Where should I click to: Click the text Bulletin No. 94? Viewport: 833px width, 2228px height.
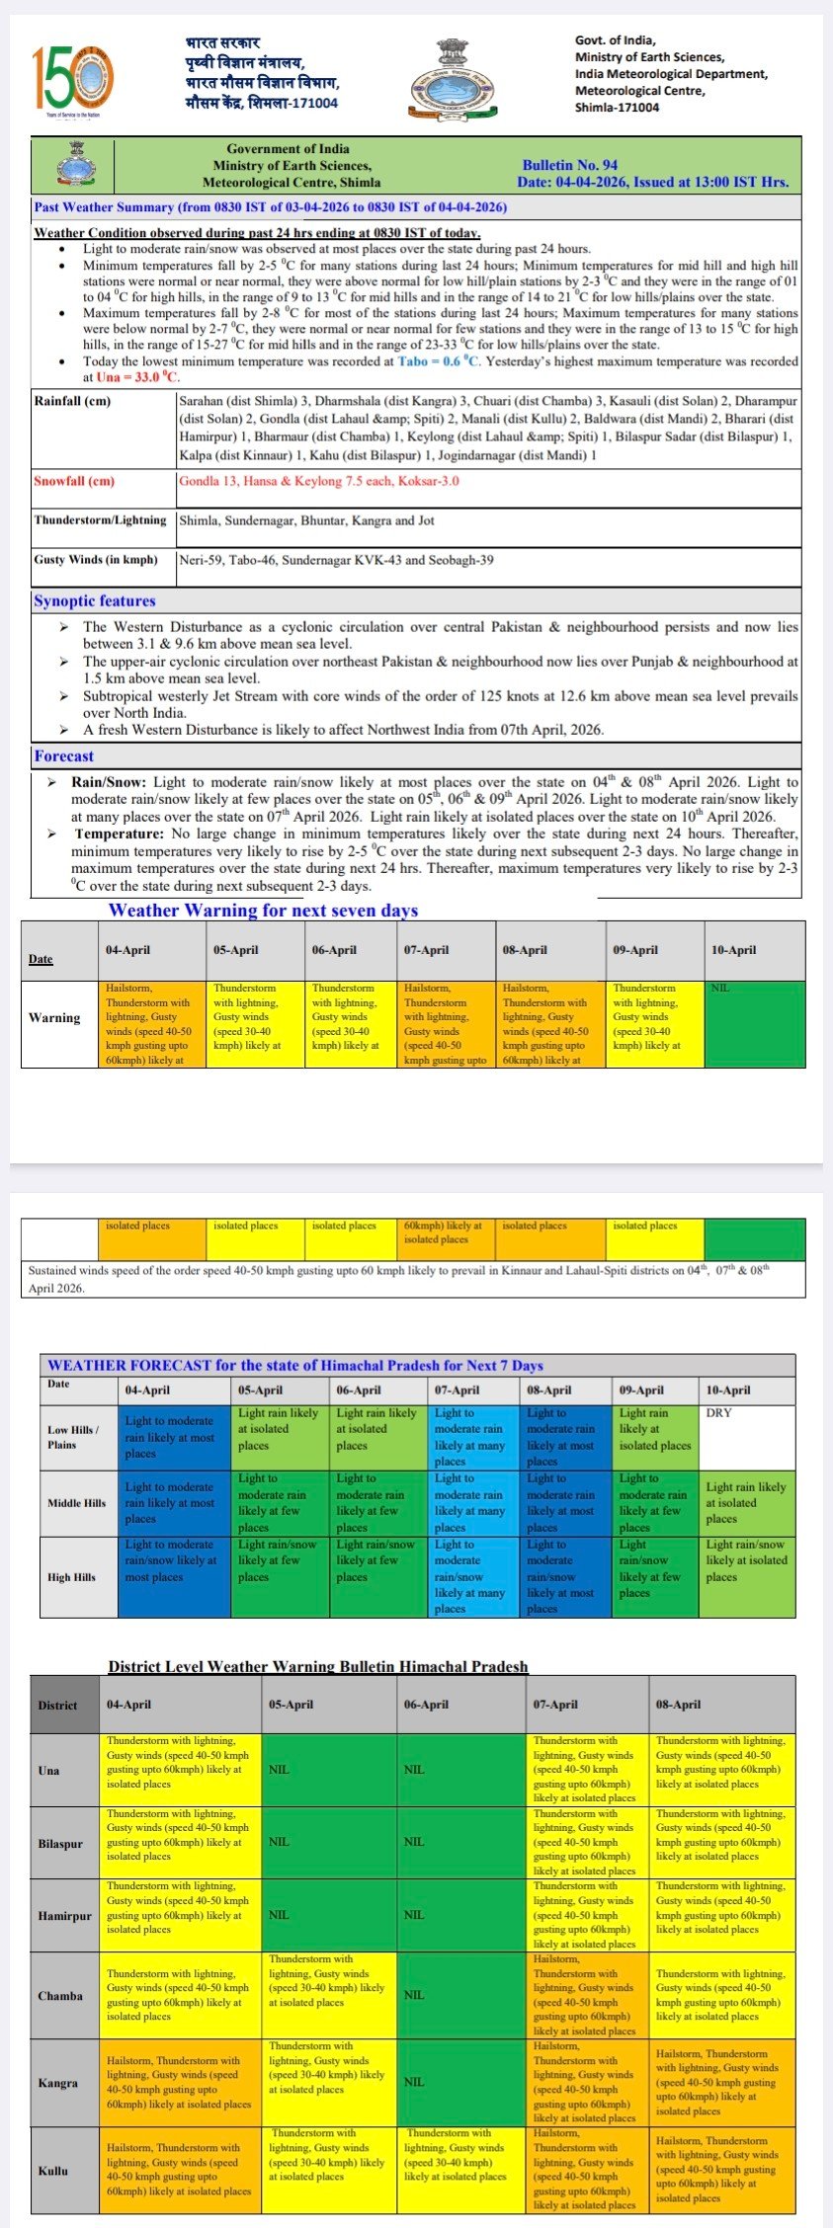click(570, 165)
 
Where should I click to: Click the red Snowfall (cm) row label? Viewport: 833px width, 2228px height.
click(74, 481)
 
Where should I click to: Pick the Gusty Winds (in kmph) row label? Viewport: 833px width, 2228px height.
click(96, 560)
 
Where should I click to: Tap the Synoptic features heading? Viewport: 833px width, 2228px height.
click(95, 600)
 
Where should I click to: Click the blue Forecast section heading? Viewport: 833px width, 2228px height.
click(64, 756)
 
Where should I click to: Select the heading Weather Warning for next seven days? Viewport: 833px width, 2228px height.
click(263, 910)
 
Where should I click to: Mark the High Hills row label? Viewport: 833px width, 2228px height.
click(72, 1577)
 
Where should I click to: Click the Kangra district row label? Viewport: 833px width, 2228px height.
click(58, 2083)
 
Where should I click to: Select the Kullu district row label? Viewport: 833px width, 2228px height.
click(53, 2170)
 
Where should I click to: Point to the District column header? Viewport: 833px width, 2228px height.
click(57, 1706)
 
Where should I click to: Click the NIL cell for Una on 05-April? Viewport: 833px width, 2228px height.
click(280, 1770)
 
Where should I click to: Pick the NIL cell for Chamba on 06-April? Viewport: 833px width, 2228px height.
click(414, 1995)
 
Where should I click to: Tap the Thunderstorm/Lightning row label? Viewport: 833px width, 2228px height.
click(100, 520)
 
